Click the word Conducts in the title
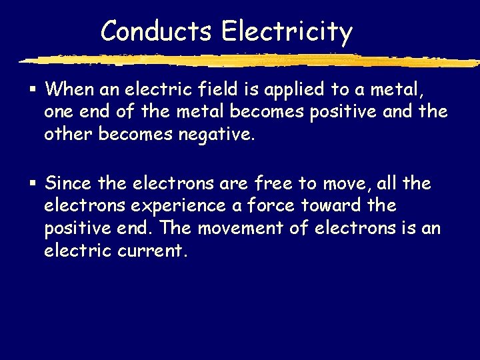(157, 31)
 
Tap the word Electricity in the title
(287, 31)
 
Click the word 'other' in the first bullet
(68, 134)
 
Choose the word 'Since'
(69, 183)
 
